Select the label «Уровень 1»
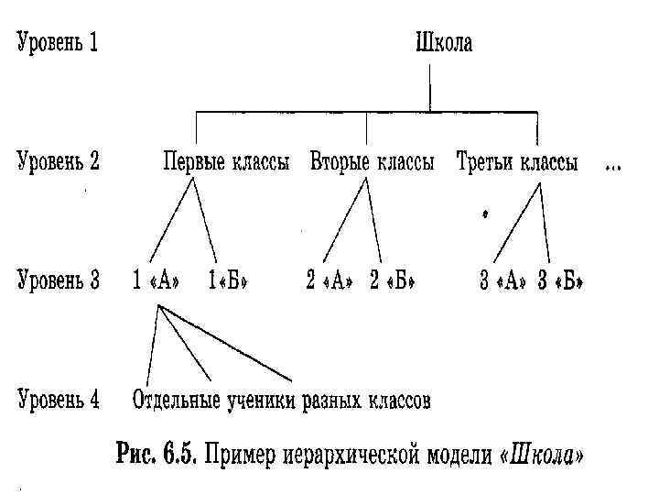(57, 44)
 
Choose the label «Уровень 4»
(57, 400)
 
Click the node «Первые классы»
(226, 164)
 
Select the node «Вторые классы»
(373, 164)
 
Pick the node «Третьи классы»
(517, 164)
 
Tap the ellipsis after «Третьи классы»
(613, 167)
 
